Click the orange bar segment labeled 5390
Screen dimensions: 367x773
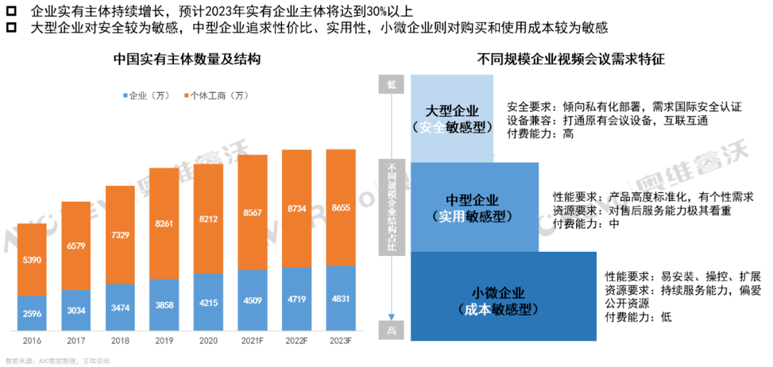[32, 259]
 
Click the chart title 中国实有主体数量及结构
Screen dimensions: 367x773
[187, 60]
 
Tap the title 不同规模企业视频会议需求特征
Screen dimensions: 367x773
[570, 60]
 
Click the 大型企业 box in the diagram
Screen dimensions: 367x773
[452, 118]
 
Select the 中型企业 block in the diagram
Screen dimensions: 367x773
[472, 207]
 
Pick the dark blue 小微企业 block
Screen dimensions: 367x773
[498, 300]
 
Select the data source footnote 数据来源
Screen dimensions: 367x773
[57, 361]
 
